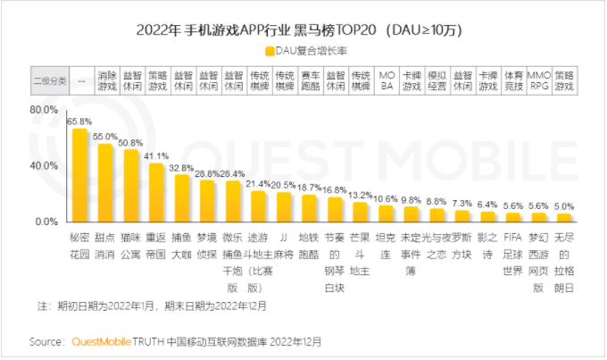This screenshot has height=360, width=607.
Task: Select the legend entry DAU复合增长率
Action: [302, 50]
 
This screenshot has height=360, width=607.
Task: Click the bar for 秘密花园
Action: [80, 175]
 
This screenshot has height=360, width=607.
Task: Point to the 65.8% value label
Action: [80, 121]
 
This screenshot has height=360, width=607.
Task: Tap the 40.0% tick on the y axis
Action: [45, 165]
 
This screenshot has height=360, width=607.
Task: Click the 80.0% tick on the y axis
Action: [45, 109]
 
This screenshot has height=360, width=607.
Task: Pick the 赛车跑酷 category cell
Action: [311, 80]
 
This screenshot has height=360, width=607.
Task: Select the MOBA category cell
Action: [387, 80]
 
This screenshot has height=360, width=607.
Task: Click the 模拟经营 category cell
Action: [437, 80]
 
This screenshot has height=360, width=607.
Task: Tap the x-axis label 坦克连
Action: [386, 244]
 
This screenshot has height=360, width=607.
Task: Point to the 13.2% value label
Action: [360, 194]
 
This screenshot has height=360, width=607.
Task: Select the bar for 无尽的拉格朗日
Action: [563, 217]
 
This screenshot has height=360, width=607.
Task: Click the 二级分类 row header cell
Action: [49, 80]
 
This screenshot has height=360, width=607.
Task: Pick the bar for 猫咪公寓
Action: [131, 185]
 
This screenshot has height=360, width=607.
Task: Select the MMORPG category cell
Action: [538, 80]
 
